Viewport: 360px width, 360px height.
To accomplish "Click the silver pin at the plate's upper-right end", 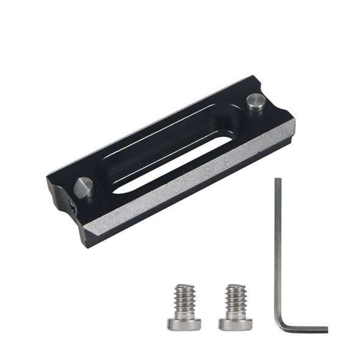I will [x=256, y=101].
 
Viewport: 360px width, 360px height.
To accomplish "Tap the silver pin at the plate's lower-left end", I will [x=83, y=187].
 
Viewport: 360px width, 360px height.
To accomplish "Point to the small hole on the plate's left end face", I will [x=73, y=207].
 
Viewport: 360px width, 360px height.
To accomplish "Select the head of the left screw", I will [x=184, y=323].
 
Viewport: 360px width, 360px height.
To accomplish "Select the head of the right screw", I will [x=236, y=323].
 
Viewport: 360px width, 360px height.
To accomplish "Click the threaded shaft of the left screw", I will [x=184, y=301].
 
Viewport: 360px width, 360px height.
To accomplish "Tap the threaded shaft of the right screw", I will [x=236, y=301].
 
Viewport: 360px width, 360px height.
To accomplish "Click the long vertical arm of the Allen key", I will [x=278, y=250].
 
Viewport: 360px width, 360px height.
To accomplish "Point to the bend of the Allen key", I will [x=283, y=326].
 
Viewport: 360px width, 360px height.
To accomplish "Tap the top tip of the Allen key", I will [x=278, y=180].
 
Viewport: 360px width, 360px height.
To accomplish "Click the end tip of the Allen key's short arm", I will [x=326, y=330].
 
